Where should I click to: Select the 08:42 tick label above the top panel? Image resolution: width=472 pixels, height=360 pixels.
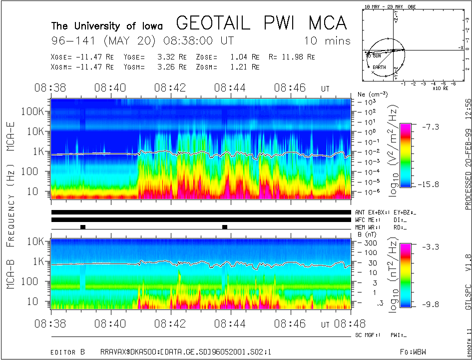170,88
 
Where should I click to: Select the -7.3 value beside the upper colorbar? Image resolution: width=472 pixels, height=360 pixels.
433,127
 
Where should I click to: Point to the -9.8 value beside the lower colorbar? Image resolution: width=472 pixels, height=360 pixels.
433,303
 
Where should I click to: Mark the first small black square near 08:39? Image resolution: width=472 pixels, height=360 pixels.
83,227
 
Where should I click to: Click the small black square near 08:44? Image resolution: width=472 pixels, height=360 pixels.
225,227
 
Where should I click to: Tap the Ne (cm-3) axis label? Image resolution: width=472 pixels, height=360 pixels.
369,94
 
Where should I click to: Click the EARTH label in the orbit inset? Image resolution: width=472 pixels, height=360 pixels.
380,67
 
